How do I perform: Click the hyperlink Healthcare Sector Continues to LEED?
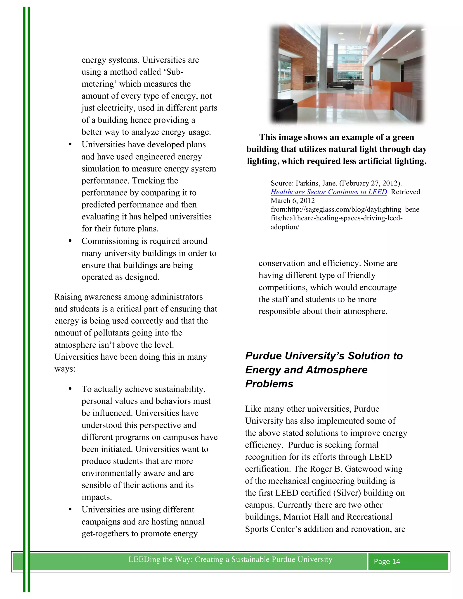point(328,192)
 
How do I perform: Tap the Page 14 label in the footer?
point(387,561)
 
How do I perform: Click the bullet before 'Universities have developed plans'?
point(70,144)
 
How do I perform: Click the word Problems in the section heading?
point(269,384)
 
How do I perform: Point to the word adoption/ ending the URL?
point(285,227)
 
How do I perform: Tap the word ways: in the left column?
point(65,369)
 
